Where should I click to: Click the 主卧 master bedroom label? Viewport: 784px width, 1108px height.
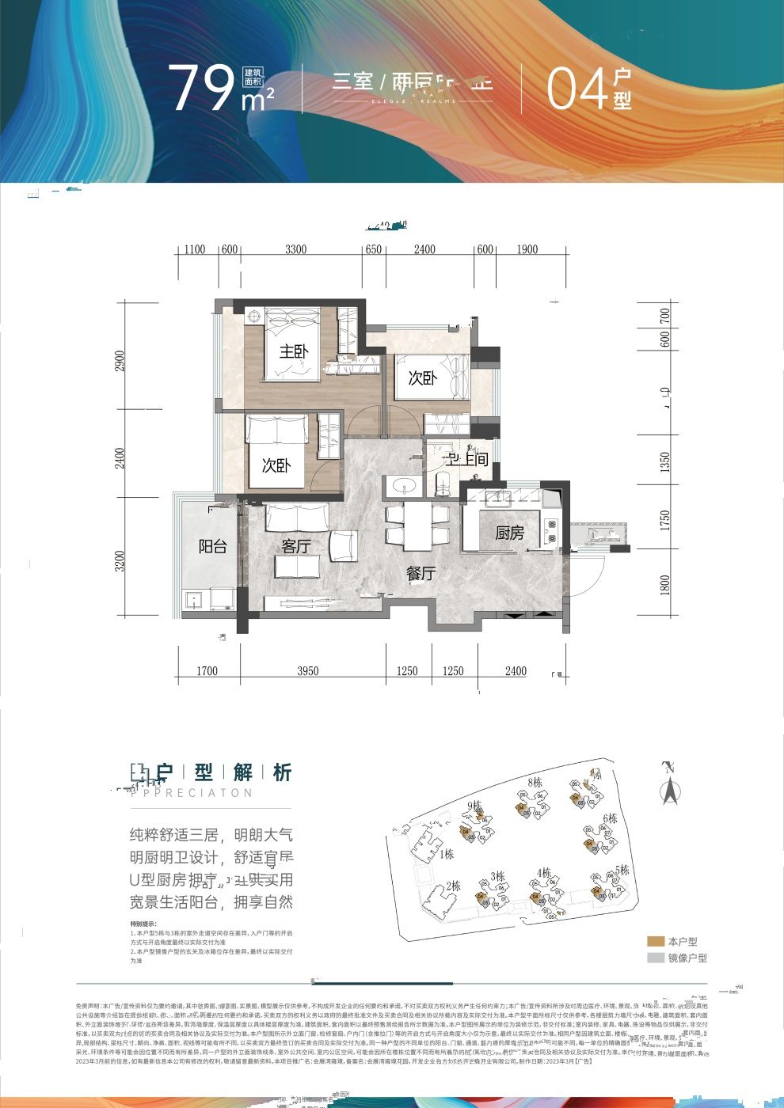coord(293,351)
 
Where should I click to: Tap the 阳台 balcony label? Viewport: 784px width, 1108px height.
coord(212,546)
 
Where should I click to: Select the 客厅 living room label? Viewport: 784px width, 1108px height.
coord(295,546)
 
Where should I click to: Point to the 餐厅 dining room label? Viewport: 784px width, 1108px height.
coord(421,573)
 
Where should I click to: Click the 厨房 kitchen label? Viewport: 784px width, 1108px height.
coord(509,533)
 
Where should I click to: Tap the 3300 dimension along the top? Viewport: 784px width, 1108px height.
coord(295,249)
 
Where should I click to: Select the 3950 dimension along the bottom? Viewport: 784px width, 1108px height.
coord(307,671)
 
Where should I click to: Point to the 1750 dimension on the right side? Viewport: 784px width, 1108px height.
coord(665,520)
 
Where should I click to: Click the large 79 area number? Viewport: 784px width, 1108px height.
coord(201,89)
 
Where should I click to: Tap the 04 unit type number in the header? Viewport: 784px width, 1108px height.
coord(577,89)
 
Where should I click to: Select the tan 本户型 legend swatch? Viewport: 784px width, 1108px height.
coord(655,942)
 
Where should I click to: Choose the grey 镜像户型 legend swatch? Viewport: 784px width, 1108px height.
coord(655,958)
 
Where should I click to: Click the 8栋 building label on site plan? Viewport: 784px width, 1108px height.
coord(535,783)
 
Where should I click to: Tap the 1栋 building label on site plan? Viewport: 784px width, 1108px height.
coord(447,854)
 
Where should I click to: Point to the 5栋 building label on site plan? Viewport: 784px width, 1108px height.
coord(622,870)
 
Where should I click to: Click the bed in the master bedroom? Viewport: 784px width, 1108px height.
coord(291,344)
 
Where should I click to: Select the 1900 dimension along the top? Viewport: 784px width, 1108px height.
coord(527,249)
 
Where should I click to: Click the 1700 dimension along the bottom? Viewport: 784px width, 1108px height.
coord(206,671)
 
